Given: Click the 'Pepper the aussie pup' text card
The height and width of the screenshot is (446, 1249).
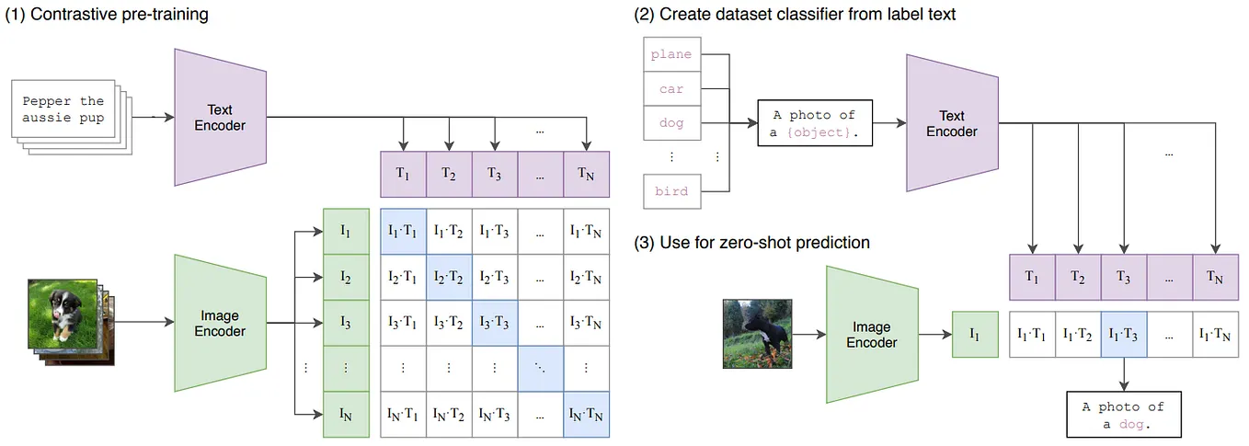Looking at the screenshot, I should (x=63, y=109).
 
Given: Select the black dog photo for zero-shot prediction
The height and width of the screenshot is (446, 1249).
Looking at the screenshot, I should (x=756, y=332).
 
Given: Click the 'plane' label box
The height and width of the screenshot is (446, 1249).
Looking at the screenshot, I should (x=670, y=54).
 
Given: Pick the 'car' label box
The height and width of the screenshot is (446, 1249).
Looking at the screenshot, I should (x=670, y=89).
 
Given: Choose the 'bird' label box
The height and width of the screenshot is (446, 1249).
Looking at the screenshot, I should (x=670, y=191).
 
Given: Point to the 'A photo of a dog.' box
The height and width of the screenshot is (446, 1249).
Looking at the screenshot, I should (x=1123, y=415).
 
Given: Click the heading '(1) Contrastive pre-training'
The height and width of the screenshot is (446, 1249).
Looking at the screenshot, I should (x=108, y=14).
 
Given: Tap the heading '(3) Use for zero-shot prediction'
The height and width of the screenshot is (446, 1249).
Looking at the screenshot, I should (x=751, y=243).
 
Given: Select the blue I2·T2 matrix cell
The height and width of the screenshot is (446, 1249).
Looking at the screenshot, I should (x=448, y=276).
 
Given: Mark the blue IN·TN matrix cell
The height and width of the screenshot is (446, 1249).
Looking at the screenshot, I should (x=586, y=414).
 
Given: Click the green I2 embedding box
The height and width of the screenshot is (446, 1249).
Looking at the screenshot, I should (x=346, y=276).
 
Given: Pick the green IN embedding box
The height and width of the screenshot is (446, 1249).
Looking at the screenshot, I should (x=346, y=414).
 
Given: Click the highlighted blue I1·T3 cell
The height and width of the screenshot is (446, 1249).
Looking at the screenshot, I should (x=1123, y=336).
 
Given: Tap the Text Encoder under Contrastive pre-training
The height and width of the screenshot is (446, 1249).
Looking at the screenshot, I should (x=220, y=117).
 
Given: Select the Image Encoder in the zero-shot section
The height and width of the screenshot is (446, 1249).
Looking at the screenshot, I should (x=871, y=334).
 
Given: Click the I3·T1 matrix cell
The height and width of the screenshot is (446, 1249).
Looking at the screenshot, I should (x=402, y=322).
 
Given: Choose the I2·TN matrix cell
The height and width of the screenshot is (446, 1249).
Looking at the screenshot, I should (x=586, y=276).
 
